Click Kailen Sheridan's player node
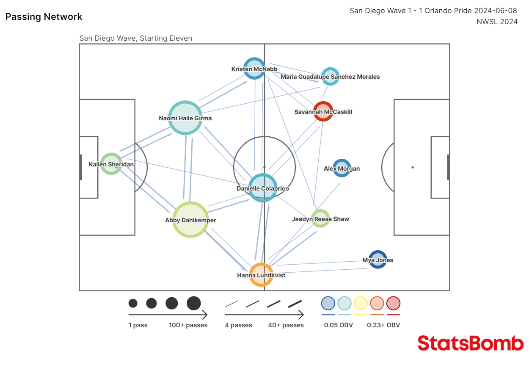[x=111, y=164]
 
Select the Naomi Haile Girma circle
[x=185, y=118]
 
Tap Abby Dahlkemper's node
[x=190, y=219]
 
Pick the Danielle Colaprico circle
[x=263, y=188]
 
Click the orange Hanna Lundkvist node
[x=261, y=274]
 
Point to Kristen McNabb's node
[x=254, y=69]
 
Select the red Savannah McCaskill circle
[x=323, y=111]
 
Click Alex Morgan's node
[x=342, y=168]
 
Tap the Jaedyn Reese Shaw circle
[x=320, y=218]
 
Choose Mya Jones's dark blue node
[x=377, y=260]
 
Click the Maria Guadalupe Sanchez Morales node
[x=330, y=76]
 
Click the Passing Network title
[x=44, y=17]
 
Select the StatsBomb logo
[x=470, y=343]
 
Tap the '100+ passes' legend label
[x=188, y=325]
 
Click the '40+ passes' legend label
[x=286, y=325]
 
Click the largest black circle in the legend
[x=194, y=303]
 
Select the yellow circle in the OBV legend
[x=361, y=303]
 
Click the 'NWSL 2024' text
[x=497, y=22]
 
